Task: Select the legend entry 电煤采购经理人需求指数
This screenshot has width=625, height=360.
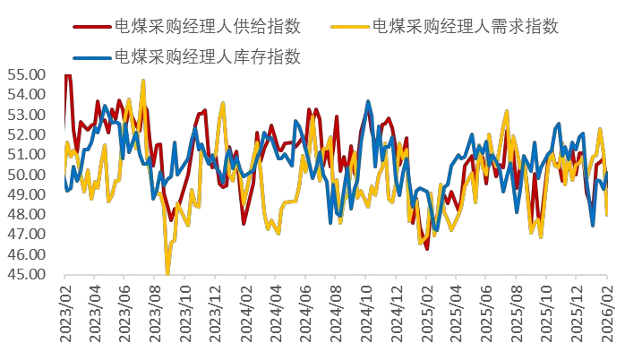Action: (465, 26)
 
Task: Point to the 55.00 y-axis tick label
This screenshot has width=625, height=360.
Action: (26, 74)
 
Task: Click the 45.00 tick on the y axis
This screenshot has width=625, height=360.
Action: (26, 274)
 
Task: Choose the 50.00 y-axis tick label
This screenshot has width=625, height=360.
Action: (26, 175)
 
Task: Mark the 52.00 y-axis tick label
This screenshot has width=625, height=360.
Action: (26, 134)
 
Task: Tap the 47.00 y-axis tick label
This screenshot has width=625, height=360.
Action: (26, 235)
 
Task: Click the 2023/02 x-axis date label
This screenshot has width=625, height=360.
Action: (66, 318)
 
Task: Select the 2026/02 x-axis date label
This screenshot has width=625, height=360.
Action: (607, 318)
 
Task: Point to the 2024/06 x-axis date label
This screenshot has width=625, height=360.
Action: (307, 318)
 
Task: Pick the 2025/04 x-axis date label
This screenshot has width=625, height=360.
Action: (458, 318)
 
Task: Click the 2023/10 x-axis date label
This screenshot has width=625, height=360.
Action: (186, 318)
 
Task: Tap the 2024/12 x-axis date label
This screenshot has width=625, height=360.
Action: (398, 318)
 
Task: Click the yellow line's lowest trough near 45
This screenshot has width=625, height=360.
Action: (167, 273)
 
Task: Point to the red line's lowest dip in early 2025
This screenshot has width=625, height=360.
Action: (426, 248)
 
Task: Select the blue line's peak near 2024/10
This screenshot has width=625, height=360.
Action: (367, 102)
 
